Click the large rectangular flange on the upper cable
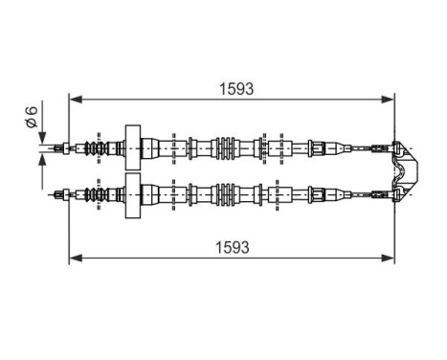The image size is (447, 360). (134, 147)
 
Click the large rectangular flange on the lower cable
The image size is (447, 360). (134, 194)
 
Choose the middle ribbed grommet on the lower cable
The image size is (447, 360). (226, 194)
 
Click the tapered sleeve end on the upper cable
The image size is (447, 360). (316, 147)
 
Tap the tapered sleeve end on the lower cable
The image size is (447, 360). (316, 194)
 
